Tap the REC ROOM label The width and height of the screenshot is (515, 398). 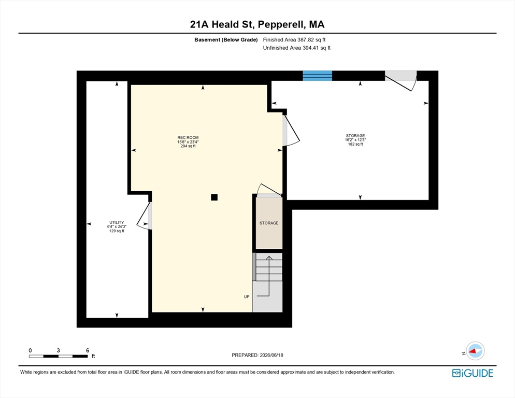(188, 138)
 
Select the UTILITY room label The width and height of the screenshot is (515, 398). (117, 222)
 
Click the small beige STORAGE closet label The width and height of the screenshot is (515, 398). (269, 223)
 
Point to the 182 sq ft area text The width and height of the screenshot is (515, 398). (355, 144)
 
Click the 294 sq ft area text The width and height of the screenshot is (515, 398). (188, 146)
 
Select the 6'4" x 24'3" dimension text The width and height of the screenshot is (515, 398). (117, 226)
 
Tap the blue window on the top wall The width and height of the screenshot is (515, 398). (317, 76)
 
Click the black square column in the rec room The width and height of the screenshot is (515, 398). (214, 197)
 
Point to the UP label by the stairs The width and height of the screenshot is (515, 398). (247, 297)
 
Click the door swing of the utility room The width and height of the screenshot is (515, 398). (144, 216)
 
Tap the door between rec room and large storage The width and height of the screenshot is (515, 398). (291, 130)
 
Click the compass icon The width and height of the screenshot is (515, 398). (475, 351)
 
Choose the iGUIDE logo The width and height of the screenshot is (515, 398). (473, 373)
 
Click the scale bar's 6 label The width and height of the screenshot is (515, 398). (88, 350)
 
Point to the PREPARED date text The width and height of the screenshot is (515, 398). (257, 355)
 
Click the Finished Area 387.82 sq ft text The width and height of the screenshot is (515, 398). (294, 40)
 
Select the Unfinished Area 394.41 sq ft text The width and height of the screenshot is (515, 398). (297, 48)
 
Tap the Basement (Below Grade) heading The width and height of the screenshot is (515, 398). (226, 40)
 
